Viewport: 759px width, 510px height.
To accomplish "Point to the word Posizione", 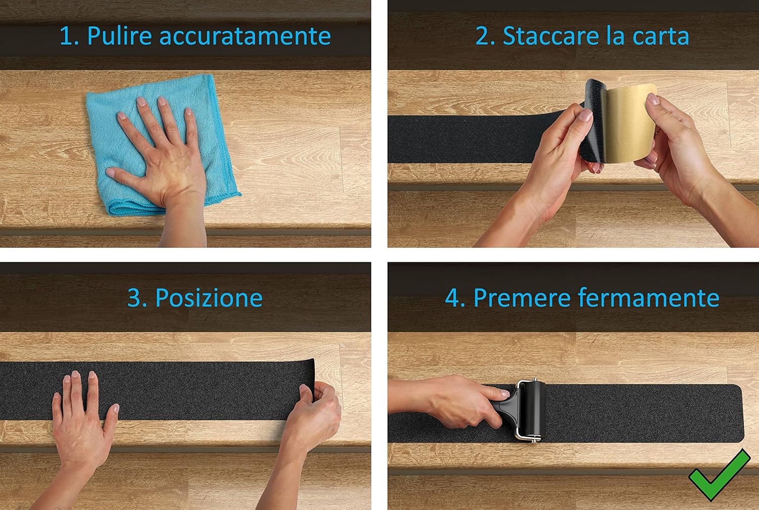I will click(x=208, y=297).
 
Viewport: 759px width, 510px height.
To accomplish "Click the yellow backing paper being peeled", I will click(x=630, y=124).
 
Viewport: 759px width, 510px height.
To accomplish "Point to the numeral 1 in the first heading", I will click(x=65, y=36).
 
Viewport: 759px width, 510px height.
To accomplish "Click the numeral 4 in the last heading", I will click(x=452, y=298).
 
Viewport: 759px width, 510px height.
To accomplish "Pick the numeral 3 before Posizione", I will click(x=134, y=298).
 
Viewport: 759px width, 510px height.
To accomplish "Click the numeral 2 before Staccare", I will click(x=482, y=36).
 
